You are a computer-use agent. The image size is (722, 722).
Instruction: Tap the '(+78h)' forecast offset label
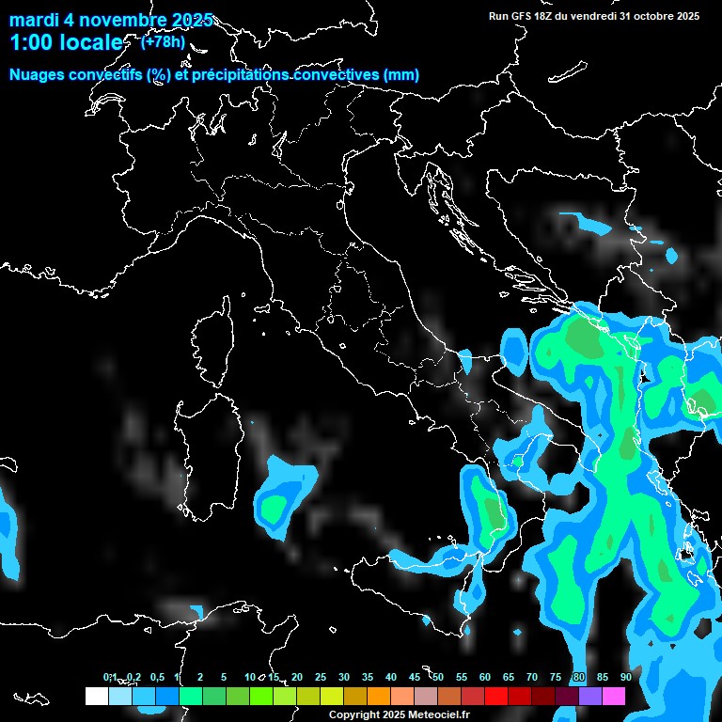(x=163, y=41)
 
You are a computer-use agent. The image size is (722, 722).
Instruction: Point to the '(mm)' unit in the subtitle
(x=400, y=75)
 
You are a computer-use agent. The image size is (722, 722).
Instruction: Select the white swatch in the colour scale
(x=96, y=696)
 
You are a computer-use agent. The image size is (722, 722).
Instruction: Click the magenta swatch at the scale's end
(x=614, y=696)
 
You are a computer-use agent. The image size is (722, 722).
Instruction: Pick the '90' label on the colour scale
(x=626, y=678)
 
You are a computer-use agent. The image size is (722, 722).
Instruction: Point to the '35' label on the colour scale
(x=368, y=678)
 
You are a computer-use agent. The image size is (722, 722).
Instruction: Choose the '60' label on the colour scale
(x=485, y=678)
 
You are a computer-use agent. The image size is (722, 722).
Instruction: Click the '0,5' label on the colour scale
(x=156, y=678)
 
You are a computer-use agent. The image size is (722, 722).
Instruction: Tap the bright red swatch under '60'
(x=495, y=696)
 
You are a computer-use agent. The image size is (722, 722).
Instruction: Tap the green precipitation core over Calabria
(x=492, y=512)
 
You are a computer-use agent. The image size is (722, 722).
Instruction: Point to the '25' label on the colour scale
(x=321, y=678)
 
